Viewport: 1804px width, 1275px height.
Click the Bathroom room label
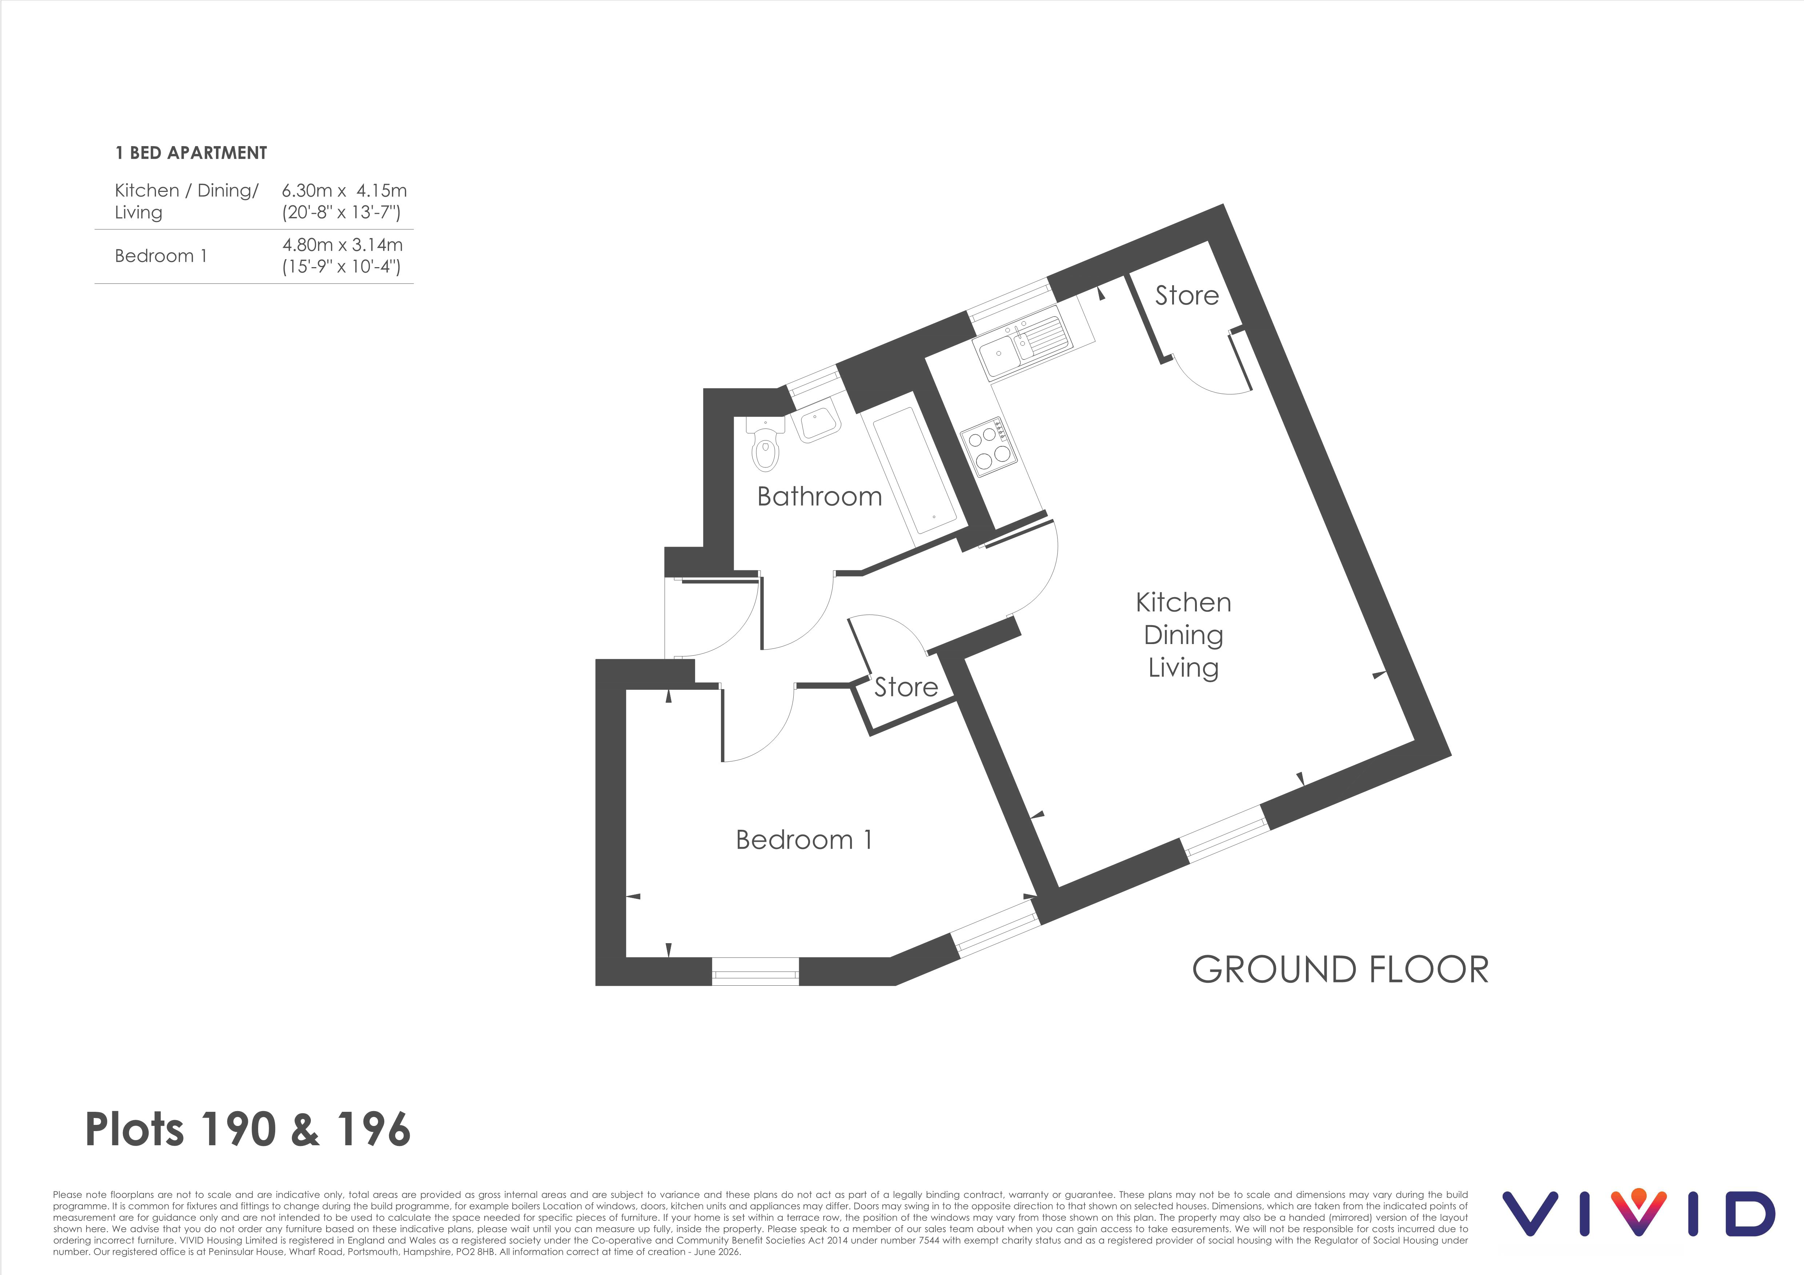[x=819, y=496]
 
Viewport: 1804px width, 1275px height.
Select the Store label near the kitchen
[x=1186, y=295]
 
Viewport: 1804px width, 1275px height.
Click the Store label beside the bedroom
[x=906, y=687]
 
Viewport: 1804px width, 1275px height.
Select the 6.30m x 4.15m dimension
[x=344, y=190]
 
